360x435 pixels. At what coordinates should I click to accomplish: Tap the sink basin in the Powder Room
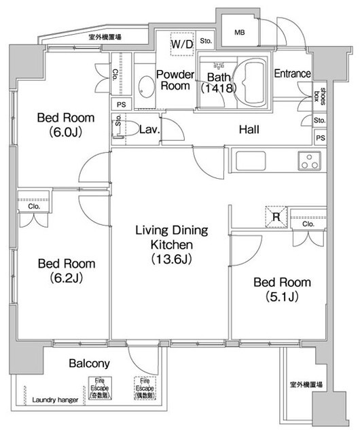click(145, 88)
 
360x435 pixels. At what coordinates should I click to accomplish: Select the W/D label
click(181, 45)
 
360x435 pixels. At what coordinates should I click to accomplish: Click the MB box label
click(240, 32)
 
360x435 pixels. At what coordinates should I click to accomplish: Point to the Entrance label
click(292, 74)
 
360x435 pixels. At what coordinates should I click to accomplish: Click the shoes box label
click(320, 94)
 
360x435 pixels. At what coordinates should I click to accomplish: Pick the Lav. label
click(149, 130)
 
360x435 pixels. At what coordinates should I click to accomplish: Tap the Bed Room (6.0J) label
click(65, 124)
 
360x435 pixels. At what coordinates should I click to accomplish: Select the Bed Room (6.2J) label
click(66, 270)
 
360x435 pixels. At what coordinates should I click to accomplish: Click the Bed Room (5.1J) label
click(283, 289)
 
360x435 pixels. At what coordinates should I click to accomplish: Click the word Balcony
click(88, 364)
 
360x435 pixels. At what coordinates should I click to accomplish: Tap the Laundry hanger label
click(54, 400)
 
